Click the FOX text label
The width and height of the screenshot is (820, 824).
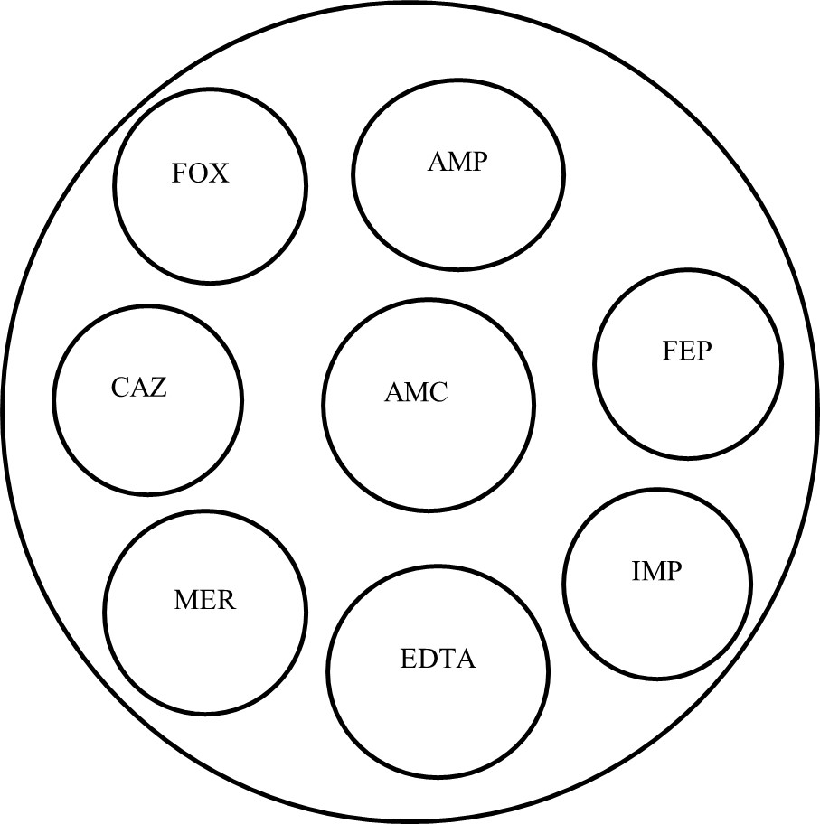pyautogui.click(x=201, y=173)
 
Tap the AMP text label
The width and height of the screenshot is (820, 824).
pyautogui.click(x=457, y=163)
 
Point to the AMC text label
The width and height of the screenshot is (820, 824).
pyautogui.click(x=416, y=393)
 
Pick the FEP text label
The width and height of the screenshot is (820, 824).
pyautogui.click(x=687, y=351)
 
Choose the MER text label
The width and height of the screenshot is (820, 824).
pyautogui.click(x=203, y=599)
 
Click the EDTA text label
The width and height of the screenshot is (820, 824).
pyautogui.click(x=438, y=659)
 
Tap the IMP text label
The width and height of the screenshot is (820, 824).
pyautogui.click(x=656, y=571)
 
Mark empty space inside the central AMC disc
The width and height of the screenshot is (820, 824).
pyautogui.click(x=425, y=452)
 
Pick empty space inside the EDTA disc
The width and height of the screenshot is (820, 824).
pyautogui.click(x=438, y=714)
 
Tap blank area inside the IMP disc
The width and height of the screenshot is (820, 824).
pyautogui.click(x=656, y=623)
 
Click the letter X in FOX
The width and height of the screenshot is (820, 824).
pyautogui.click(x=220, y=173)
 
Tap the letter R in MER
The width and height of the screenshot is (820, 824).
pyautogui.click(x=225, y=599)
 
